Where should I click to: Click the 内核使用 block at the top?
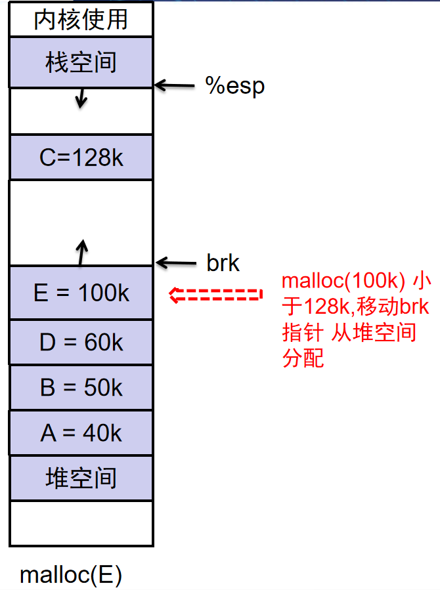[x=81, y=19]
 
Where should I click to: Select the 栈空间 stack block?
[x=81, y=62]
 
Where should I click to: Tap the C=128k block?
[x=81, y=158]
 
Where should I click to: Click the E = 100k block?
[x=81, y=293]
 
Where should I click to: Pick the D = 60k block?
[x=81, y=342]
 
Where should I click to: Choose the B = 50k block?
[x=81, y=387]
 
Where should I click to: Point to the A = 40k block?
[x=81, y=432]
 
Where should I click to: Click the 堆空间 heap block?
[x=81, y=477]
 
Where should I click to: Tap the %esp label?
[x=235, y=86]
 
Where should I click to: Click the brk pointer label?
[x=223, y=263]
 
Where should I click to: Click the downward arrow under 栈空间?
[x=81, y=98]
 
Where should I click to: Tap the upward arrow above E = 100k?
[x=81, y=253]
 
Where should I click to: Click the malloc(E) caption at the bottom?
[x=71, y=575]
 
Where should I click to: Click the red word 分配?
[x=303, y=358]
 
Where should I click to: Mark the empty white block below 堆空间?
[x=81, y=523]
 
